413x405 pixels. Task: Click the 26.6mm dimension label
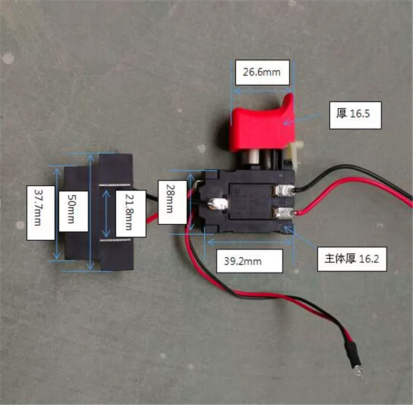click(262, 72)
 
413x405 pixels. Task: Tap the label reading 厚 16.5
click(355, 115)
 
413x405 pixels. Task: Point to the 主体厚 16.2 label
click(352, 258)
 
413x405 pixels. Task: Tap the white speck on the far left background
click(8, 57)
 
